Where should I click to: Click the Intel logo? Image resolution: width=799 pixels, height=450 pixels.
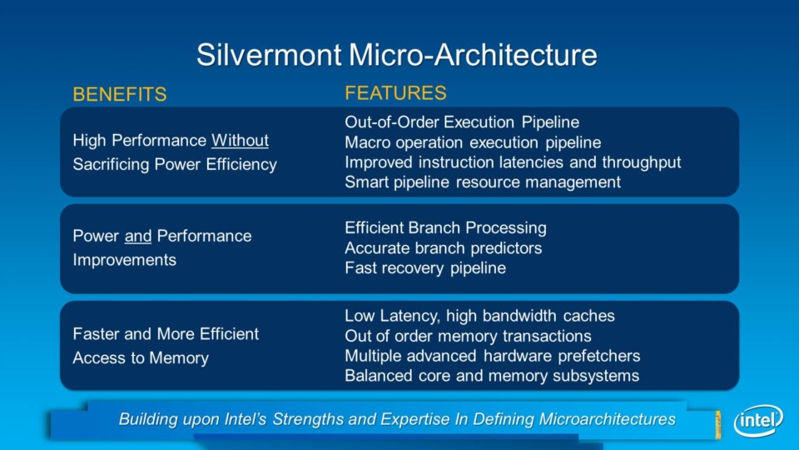(x=758, y=420)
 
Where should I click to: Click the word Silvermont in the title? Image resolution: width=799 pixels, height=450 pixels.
(x=269, y=55)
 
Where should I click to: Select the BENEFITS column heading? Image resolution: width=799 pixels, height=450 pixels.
(x=120, y=94)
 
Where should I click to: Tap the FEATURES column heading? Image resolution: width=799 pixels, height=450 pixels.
(x=395, y=92)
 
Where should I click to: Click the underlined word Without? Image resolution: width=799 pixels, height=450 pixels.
(x=240, y=140)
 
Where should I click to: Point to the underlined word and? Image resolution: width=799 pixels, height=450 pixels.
(x=138, y=236)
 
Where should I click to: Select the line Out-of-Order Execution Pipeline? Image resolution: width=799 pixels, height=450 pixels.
(x=462, y=122)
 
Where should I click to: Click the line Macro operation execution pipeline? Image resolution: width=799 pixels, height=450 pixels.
(x=473, y=142)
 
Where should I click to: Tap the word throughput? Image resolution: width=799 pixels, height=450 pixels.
(x=642, y=162)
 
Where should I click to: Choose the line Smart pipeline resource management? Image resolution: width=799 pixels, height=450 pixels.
(x=483, y=182)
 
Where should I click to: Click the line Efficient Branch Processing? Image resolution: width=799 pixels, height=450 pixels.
(x=445, y=227)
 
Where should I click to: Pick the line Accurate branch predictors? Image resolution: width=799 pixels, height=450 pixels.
(x=444, y=248)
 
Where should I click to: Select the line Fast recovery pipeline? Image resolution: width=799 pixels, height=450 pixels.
(x=425, y=267)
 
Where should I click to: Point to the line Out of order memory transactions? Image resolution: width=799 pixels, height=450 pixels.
(x=468, y=336)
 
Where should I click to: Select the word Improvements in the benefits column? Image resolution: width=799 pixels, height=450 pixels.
(x=124, y=260)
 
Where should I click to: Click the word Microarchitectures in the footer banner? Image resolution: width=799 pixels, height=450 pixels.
(x=607, y=419)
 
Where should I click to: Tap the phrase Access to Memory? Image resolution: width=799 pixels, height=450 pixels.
(x=141, y=358)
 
